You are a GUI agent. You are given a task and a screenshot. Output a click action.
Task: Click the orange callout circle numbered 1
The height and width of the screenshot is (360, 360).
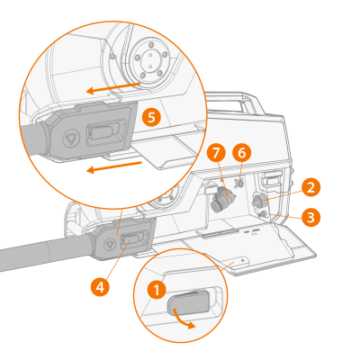(157, 290)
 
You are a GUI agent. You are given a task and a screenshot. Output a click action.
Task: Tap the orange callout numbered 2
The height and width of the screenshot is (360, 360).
(311, 187)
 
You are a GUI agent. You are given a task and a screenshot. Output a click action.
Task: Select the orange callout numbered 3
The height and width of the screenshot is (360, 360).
(311, 217)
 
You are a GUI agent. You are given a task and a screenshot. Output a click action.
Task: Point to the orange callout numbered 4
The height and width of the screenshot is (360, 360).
(100, 287)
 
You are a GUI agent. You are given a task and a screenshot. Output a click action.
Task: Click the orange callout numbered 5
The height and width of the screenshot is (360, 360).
(151, 117)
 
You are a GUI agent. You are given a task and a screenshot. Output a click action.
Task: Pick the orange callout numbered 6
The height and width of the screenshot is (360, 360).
(242, 153)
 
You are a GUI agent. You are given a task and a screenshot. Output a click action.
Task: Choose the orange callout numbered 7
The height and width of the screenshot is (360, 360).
(216, 153)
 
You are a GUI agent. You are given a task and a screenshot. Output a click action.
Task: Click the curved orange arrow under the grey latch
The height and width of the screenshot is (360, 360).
(183, 321)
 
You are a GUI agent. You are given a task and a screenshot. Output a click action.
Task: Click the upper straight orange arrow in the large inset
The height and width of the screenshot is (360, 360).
(113, 87)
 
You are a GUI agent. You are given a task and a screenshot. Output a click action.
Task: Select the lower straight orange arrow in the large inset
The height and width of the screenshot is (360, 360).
(114, 166)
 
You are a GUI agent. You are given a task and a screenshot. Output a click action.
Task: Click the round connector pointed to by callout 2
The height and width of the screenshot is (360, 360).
(259, 202)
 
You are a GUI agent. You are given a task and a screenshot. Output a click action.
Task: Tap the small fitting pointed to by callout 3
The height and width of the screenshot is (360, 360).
(264, 214)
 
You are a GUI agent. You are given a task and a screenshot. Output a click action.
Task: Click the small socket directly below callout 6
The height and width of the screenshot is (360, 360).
(239, 183)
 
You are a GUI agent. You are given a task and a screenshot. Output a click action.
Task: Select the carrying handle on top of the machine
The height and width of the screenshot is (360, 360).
(234, 102)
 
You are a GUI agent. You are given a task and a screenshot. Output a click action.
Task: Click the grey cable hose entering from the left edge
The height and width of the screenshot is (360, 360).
(45, 252)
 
